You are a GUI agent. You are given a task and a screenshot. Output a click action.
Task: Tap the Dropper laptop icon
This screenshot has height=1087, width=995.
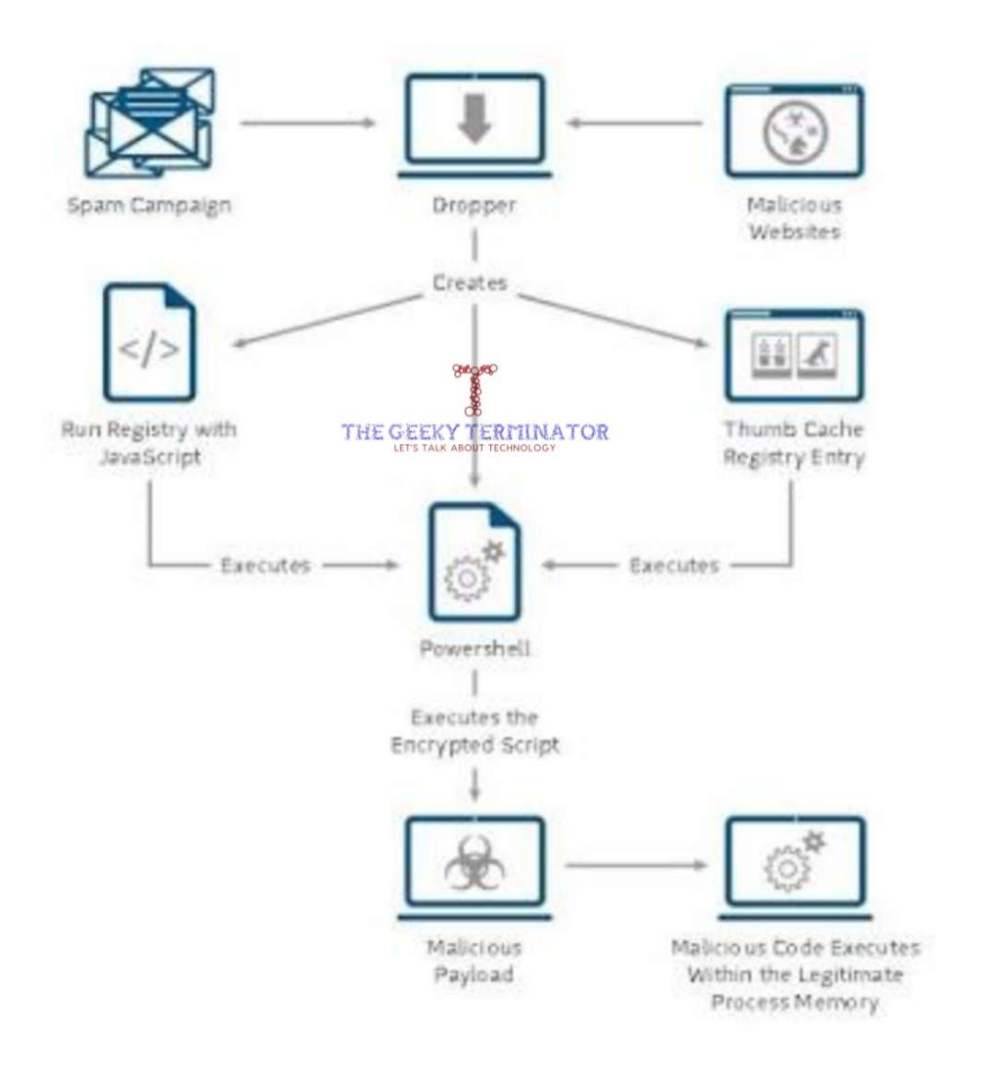click(474, 126)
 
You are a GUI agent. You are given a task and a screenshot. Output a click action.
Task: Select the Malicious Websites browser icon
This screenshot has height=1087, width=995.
click(794, 131)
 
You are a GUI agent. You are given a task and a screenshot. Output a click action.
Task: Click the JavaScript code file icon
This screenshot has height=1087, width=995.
click(149, 344)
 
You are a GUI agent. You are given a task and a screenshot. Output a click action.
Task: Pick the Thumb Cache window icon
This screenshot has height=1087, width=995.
click(794, 356)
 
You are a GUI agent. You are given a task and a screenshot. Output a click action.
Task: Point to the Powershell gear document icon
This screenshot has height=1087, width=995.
click(474, 562)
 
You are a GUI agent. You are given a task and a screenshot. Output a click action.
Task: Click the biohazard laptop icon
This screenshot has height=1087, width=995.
click(474, 867)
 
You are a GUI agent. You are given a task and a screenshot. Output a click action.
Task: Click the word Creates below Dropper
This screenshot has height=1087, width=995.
click(470, 283)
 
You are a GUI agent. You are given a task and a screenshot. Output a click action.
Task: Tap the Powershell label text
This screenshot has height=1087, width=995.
click(474, 649)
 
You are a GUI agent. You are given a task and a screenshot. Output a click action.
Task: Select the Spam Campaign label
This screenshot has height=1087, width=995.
click(149, 205)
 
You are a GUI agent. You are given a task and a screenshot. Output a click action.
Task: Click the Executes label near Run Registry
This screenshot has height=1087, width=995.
click(265, 566)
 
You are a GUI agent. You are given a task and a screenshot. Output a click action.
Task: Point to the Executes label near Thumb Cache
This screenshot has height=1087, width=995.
click(673, 566)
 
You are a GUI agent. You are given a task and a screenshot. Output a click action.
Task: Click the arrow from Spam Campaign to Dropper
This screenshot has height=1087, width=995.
click(308, 123)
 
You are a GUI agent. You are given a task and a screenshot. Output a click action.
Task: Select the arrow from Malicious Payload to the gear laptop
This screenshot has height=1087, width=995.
click(636, 865)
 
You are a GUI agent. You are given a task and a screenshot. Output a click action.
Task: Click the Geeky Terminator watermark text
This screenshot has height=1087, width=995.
click(474, 431)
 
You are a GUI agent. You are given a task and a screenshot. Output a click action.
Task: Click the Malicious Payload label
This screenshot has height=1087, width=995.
click(474, 961)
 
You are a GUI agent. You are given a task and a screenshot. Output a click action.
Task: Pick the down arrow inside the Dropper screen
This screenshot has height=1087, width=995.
click(474, 120)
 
